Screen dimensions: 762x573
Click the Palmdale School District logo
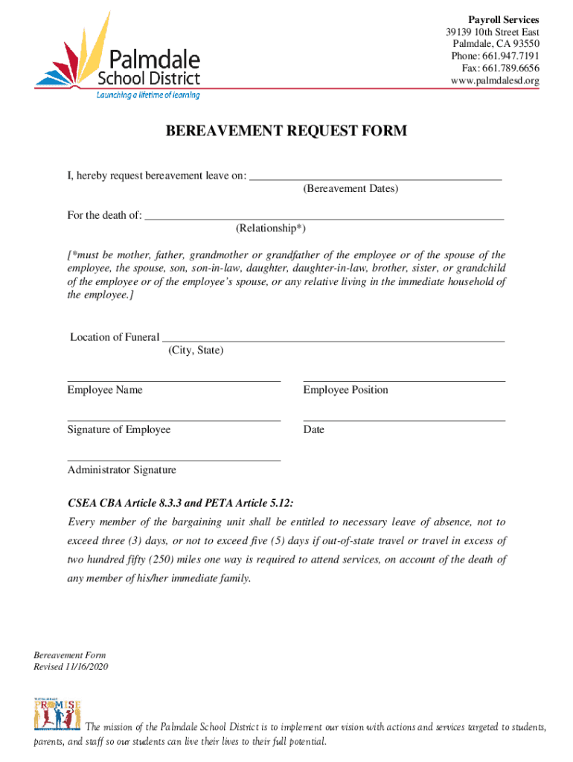pos(117,57)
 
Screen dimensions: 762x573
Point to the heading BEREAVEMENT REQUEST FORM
pos(286,132)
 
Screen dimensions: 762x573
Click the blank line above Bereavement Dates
pos(375,179)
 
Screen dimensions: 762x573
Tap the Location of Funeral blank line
pos(333,340)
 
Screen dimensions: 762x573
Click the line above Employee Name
pos(173,381)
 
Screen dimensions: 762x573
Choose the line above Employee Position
pos(404,381)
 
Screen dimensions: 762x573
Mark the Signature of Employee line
pos(173,420)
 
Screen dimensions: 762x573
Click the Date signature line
pos(404,420)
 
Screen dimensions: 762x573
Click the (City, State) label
pos(196,350)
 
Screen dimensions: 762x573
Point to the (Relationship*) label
pos(270,228)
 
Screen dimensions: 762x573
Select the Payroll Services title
pos(503,19)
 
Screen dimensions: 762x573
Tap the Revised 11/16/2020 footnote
pos(71,667)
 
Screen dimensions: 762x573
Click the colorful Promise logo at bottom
pos(57,714)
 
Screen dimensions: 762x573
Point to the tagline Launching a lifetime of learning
pos(148,95)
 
